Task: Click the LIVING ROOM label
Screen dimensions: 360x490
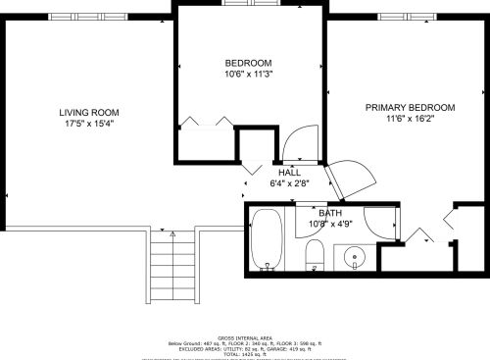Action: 88,113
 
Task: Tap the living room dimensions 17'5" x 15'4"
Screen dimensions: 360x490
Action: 88,124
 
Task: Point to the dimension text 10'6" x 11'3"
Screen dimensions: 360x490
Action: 248,74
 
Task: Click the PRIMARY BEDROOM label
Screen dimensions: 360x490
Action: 410,107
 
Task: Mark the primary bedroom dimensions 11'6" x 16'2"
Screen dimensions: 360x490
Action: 410,119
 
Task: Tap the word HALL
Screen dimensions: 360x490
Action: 289,172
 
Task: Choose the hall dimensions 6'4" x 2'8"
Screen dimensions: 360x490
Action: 289,182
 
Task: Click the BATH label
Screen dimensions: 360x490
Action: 329,212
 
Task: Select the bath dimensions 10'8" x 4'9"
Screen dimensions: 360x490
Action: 329,223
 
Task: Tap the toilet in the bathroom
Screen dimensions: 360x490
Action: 315,258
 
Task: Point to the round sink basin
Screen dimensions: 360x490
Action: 355,259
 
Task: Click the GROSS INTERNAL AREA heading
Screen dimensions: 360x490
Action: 244,334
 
